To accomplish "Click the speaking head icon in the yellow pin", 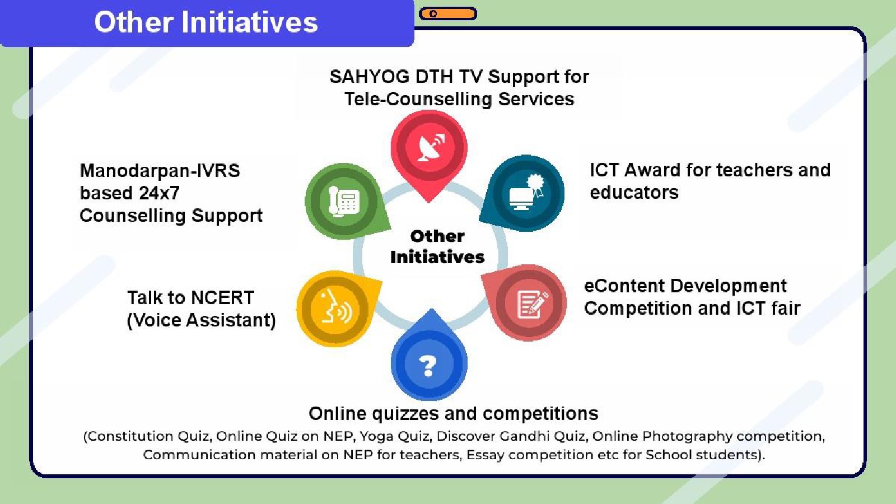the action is tap(337, 307).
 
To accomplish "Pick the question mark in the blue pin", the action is tap(428, 366).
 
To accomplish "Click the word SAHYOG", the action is tap(370, 77).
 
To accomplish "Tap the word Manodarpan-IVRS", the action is tap(160, 171).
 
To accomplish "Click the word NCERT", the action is tap(222, 297).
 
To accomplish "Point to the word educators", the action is tap(634, 193).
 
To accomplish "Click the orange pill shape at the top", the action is tap(448, 13).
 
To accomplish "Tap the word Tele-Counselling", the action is tap(418, 99).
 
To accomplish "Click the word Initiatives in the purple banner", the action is tap(250, 22).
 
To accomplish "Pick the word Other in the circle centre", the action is tap(437, 236).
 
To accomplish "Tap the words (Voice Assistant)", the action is tap(201, 320).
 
